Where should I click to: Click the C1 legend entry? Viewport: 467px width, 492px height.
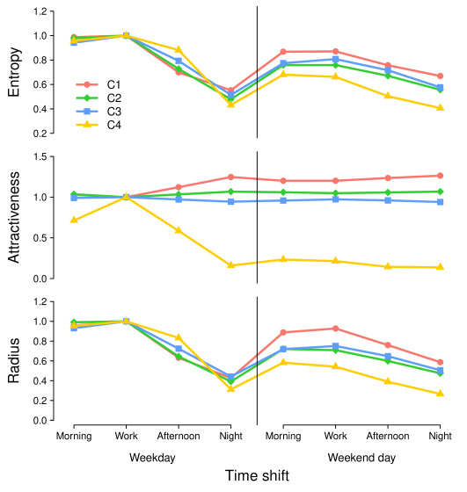(x=99, y=84)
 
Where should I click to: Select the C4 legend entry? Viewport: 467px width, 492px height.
(x=99, y=125)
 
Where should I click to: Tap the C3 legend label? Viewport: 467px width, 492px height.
(x=114, y=112)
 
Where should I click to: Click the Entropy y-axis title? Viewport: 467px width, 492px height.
(x=14, y=72)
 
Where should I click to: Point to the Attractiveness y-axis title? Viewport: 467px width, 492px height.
(x=14, y=217)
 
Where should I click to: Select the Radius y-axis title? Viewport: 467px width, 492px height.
(x=14, y=360)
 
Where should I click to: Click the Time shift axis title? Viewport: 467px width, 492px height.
(x=257, y=475)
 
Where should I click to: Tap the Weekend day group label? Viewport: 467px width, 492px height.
(x=361, y=458)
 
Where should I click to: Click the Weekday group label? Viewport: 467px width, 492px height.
(x=152, y=458)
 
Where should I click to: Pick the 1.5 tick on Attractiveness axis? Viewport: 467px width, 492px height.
(x=40, y=156)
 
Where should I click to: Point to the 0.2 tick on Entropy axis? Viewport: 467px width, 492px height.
(x=40, y=134)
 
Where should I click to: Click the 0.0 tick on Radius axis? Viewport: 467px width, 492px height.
(x=40, y=421)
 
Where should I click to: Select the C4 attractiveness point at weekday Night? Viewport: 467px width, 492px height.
(x=230, y=265)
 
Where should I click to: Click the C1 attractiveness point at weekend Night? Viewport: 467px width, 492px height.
(x=440, y=176)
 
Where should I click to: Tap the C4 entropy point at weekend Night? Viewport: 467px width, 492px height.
(x=440, y=107)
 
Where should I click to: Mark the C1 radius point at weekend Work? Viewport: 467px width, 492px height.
(x=335, y=329)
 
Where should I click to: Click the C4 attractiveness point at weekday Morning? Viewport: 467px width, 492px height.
(x=74, y=220)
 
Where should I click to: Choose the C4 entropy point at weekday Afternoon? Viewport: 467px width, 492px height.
(x=179, y=49)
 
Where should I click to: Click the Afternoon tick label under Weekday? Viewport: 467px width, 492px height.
(x=179, y=436)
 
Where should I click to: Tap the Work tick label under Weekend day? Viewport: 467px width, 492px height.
(x=335, y=436)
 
